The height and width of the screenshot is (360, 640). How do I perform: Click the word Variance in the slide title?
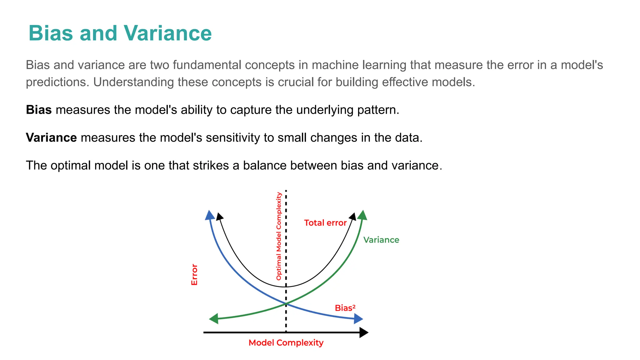(167, 33)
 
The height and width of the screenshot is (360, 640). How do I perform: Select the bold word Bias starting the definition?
(39, 110)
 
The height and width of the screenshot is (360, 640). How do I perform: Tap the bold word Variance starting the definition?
(51, 138)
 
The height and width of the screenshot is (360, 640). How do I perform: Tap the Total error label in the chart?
(325, 223)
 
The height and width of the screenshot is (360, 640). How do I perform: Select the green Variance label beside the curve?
(381, 240)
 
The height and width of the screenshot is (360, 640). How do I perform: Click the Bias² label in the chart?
(345, 308)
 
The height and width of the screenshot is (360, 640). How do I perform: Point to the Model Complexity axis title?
(286, 343)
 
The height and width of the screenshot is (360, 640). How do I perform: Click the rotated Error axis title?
(194, 275)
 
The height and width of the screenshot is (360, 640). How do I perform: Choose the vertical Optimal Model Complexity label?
(279, 236)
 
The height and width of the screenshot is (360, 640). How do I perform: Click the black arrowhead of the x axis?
(364, 332)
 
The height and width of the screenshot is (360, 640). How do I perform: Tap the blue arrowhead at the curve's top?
(210, 215)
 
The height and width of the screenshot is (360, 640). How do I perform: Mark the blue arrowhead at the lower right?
(358, 319)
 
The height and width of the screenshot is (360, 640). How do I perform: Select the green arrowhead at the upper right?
(362, 215)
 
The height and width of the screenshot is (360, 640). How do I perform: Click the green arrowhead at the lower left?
(214, 319)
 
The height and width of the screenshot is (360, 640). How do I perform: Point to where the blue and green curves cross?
(286, 303)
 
